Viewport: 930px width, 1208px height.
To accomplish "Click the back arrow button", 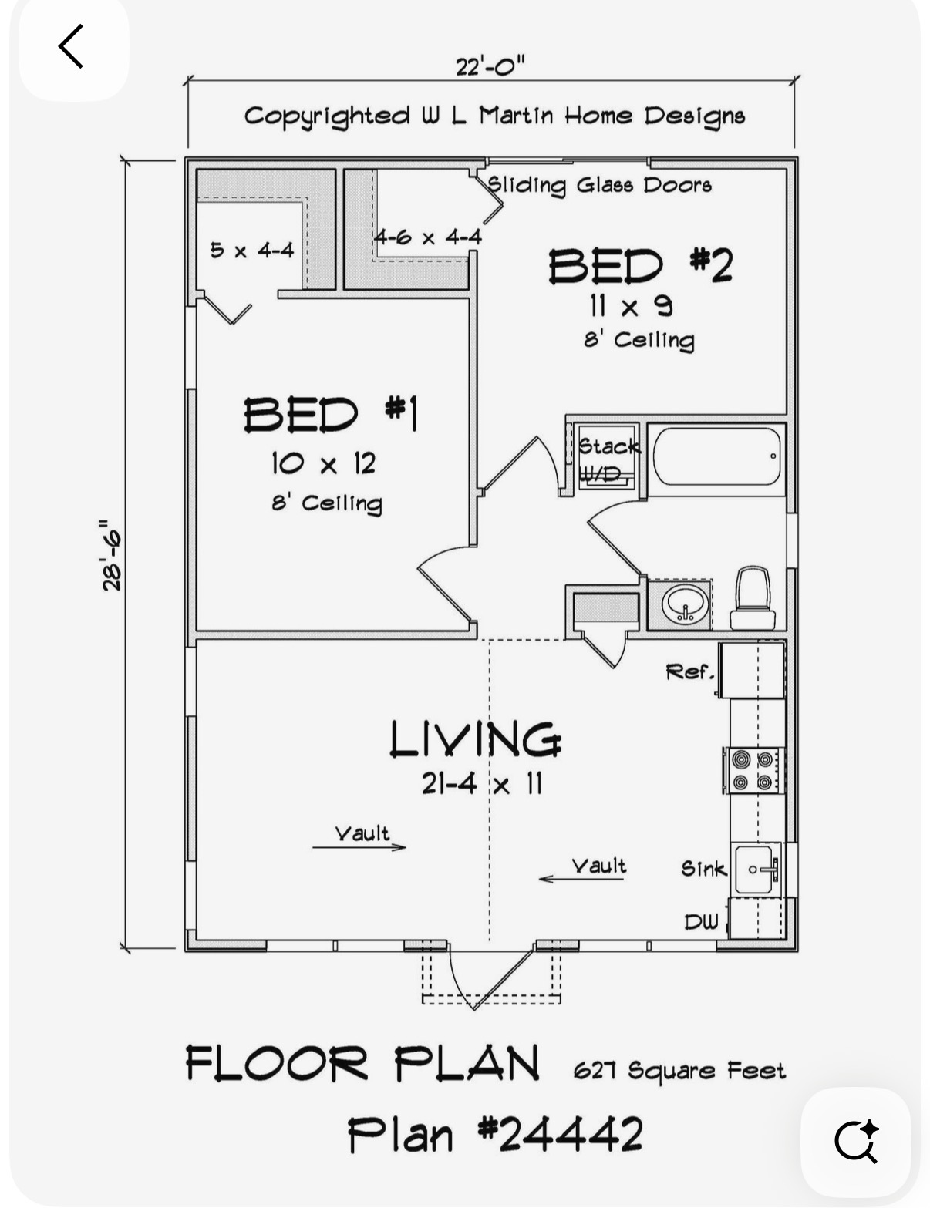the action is pyautogui.click(x=71, y=46).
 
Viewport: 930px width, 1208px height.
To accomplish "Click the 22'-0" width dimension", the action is pyautogui.click(x=490, y=67).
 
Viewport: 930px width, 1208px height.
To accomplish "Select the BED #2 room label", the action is pyautogui.click(x=640, y=266).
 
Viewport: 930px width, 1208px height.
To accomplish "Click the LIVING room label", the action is pyautogui.click(x=475, y=739).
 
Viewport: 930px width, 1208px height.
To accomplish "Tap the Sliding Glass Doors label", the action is pyautogui.click(x=600, y=185).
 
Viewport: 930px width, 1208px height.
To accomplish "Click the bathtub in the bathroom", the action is pyautogui.click(x=716, y=456).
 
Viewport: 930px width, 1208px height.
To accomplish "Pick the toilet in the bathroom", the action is pyautogui.click(x=753, y=598).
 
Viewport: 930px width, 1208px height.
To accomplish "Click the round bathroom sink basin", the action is pyautogui.click(x=686, y=604).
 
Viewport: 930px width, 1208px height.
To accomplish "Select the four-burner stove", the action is pyautogui.click(x=753, y=770).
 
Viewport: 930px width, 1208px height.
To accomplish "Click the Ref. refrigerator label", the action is pyautogui.click(x=690, y=672).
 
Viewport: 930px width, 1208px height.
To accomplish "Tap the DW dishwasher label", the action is pyautogui.click(x=701, y=922).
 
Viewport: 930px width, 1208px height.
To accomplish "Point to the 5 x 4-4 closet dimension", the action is pyautogui.click(x=252, y=251).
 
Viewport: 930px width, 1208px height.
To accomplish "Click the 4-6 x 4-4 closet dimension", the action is pyautogui.click(x=427, y=237).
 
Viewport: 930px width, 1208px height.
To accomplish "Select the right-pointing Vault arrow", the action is pyautogui.click(x=359, y=847).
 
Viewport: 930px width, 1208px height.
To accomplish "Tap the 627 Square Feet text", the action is pyautogui.click(x=679, y=1070).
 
